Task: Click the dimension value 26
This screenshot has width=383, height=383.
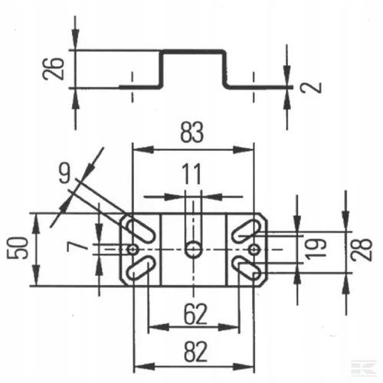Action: coord(53,69)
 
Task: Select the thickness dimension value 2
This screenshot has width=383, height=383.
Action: coord(311,87)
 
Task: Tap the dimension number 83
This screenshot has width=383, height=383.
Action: coord(192,133)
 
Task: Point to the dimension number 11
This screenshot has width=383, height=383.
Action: coord(192,175)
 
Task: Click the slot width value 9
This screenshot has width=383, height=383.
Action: coord(64,173)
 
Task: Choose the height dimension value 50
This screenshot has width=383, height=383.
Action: coord(18,248)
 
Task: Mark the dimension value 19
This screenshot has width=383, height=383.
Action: coord(316,249)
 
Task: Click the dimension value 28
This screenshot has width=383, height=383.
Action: coord(362,249)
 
